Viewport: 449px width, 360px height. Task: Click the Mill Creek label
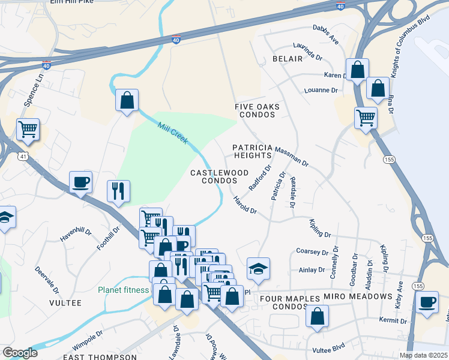(173, 134)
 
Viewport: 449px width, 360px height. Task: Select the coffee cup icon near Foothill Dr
(80, 182)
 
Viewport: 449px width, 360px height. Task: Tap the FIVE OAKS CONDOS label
(258, 110)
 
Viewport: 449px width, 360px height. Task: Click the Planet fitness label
(124, 290)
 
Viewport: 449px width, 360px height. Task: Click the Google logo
(20, 353)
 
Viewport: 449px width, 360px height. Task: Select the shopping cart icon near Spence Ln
(28, 129)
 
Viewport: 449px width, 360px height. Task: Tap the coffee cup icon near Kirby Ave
(427, 302)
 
